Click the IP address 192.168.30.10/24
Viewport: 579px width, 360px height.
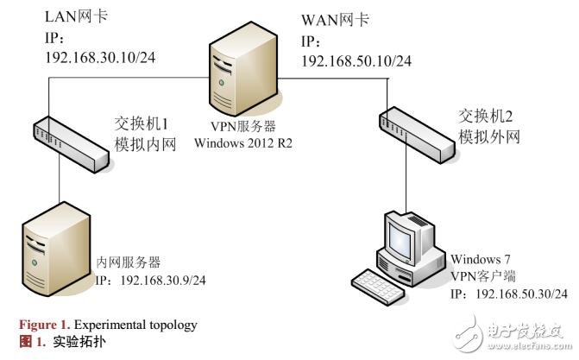click(99, 58)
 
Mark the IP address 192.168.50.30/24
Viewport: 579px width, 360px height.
click(509, 294)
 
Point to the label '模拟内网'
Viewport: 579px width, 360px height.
click(146, 144)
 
